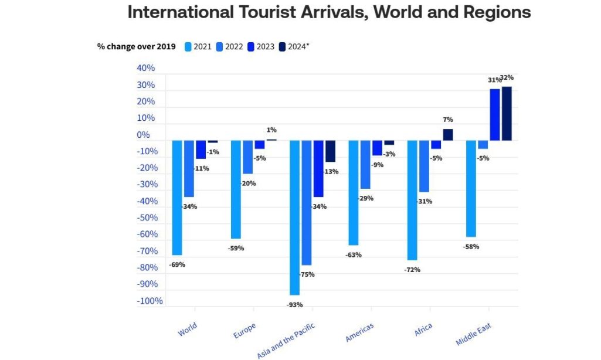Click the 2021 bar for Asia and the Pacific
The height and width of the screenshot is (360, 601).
pos(294,218)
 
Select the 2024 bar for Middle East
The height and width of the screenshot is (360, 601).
pos(507,114)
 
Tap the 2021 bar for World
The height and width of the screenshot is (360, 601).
pos(177,198)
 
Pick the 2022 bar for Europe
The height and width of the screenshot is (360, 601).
pos(247,157)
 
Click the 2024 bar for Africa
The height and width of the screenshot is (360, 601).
pos(448,135)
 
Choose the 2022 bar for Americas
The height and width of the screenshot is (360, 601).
pos(365,165)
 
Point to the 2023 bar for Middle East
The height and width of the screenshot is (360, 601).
pos(495,115)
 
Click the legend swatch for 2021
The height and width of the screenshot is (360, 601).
pos(188,47)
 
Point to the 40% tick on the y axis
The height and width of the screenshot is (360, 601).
pos(145,68)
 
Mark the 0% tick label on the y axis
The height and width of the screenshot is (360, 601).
pos(143,135)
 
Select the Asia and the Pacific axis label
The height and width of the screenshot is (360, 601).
pos(287,341)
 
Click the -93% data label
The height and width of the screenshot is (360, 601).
pos(294,304)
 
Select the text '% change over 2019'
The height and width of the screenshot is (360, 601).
pos(137,47)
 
